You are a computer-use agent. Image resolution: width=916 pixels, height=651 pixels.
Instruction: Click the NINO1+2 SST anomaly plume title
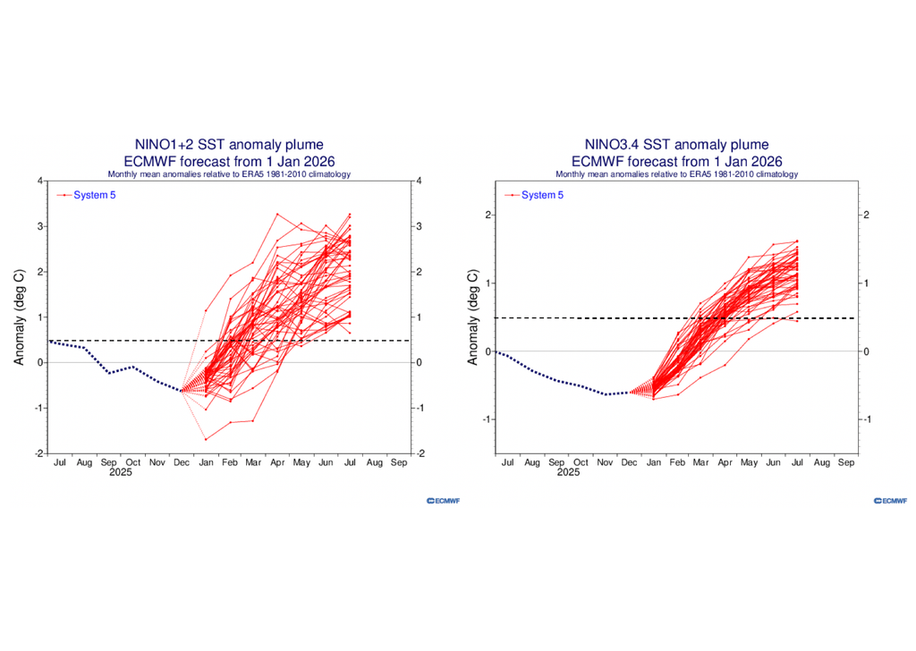(229, 145)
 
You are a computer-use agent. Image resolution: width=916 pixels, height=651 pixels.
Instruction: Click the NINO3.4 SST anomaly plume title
(675, 145)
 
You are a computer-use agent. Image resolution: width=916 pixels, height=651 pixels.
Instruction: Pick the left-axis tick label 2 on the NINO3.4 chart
(488, 216)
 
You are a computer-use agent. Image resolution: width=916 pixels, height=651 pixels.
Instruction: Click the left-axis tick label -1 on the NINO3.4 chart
(487, 419)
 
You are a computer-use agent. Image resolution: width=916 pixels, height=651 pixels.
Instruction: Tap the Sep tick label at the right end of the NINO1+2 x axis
(399, 463)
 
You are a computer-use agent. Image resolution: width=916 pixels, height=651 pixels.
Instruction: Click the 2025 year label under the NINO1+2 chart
(122, 473)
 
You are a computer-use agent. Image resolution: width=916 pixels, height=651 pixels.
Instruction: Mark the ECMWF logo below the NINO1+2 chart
(443, 501)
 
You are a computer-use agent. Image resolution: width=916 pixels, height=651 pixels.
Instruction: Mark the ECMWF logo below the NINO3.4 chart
(889, 501)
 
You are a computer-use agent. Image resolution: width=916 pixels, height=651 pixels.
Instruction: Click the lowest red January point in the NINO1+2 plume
(206, 439)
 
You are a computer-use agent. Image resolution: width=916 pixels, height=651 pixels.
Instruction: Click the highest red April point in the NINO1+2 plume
(277, 214)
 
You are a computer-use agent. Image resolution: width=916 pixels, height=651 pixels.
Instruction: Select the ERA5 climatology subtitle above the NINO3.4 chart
(675, 173)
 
